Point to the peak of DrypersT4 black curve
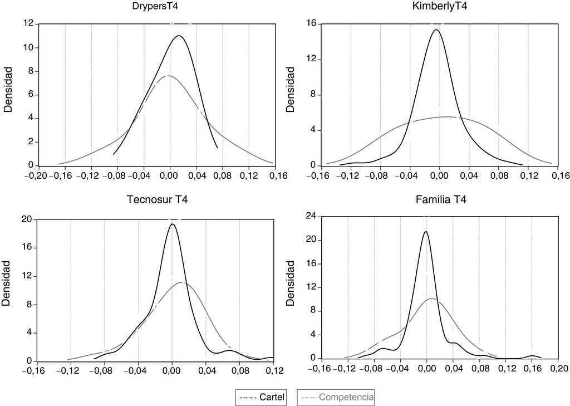click(x=179, y=36)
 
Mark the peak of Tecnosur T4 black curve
click(x=172, y=224)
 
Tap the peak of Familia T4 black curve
click(x=425, y=232)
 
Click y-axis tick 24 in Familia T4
click(x=311, y=216)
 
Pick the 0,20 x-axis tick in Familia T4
click(x=558, y=369)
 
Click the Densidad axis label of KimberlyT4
click(x=290, y=94)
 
